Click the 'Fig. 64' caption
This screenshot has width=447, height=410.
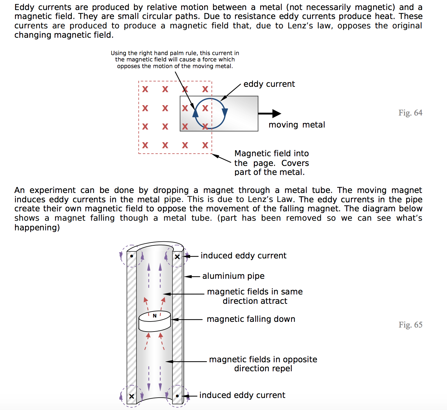[x=410, y=113]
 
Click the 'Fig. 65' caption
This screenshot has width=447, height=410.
[x=410, y=325]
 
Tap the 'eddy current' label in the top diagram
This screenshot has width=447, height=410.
[x=269, y=84]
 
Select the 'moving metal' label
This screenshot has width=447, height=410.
[x=297, y=125]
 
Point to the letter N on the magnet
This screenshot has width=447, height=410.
[x=154, y=316]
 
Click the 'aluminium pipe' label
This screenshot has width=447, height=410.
[x=233, y=276]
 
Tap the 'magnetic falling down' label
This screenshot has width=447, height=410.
[x=251, y=319]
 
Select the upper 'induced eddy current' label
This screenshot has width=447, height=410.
[x=243, y=256]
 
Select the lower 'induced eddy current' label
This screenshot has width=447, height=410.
[x=242, y=395]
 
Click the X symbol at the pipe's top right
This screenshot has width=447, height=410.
[x=177, y=257]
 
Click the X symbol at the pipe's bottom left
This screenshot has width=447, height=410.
[x=132, y=396]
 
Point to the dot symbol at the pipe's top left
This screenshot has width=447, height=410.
[x=132, y=256]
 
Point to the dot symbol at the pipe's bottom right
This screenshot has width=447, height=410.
[x=177, y=396]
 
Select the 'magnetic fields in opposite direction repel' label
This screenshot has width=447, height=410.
[x=263, y=364]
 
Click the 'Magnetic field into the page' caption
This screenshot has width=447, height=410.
[x=271, y=163]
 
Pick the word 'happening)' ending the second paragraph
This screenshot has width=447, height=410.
[x=37, y=228]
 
